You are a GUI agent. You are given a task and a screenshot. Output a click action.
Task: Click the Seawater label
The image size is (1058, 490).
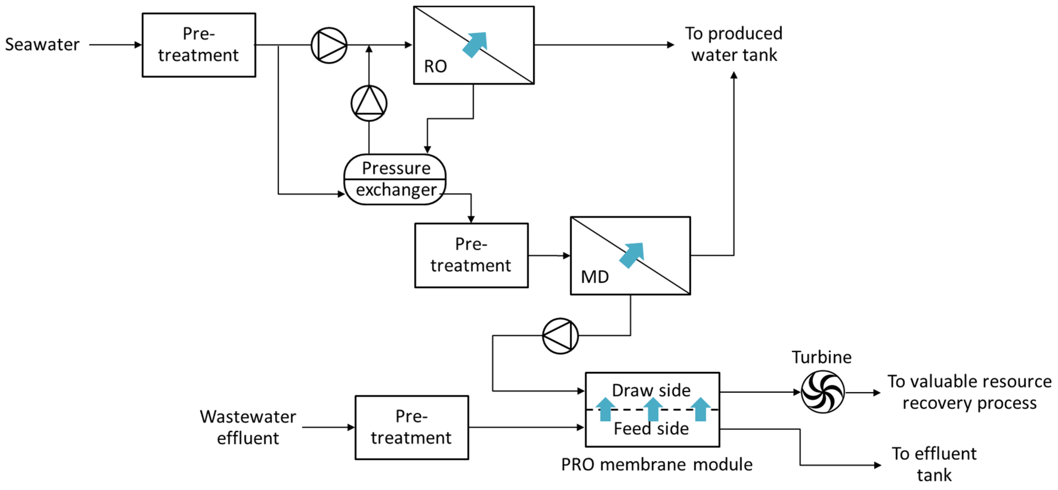[x=42, y=44]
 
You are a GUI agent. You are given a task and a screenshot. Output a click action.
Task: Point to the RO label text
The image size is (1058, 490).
[x=435, y=66]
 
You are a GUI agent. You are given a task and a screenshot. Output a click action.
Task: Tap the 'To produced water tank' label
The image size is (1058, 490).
[x=734, y=44]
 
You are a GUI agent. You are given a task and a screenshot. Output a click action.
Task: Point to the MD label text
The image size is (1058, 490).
[x=595, y=277]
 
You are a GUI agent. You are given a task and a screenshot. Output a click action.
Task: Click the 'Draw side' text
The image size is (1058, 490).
[x=651, y=390]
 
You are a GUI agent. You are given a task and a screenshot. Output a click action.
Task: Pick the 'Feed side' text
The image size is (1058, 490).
[x=651, y=428]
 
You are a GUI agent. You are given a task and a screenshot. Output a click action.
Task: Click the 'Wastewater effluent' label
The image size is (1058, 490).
[x=248, y=427]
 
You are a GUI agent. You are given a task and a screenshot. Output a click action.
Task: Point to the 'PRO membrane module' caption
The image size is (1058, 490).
[x=657, y=465]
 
